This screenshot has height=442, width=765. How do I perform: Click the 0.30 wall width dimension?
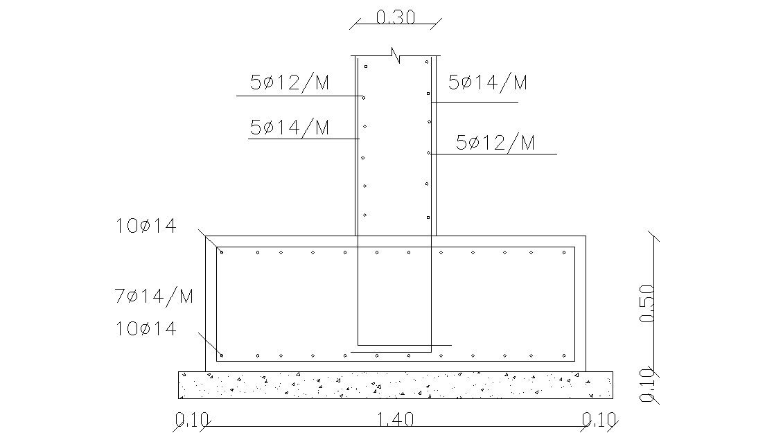pyautogui.click(x=395, y=17)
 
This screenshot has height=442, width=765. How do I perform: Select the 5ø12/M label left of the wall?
pyautogui.click(x=290, y=84)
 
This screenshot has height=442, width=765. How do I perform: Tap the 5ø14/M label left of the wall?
pyautogui.click(x=290, y=127)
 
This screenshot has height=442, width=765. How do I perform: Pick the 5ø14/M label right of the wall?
pyautogui.click(x=488, y=83)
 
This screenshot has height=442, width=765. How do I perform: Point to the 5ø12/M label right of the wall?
pyautogui.click(x=495, y=143)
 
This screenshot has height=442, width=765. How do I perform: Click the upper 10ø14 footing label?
pyautogui.click(x=146, y=226)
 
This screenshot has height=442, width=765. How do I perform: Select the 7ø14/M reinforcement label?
pyautogui.click(x=154, y=297)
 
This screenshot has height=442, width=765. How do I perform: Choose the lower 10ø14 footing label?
pyautogui.click(x=146, y=328)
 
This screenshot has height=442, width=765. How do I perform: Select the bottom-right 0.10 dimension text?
pyautogui.click(x=599, y=420)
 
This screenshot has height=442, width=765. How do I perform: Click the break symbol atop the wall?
pyautogui.click(x=396, y=55)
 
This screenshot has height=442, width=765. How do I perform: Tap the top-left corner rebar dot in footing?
pyautogui.click(x=222, y=251)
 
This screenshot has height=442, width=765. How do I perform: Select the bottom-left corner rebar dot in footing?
pyautogui.click(x=222, y=355)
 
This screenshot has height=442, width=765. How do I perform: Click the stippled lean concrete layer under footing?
pyautogui.click(x=395, y=384)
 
